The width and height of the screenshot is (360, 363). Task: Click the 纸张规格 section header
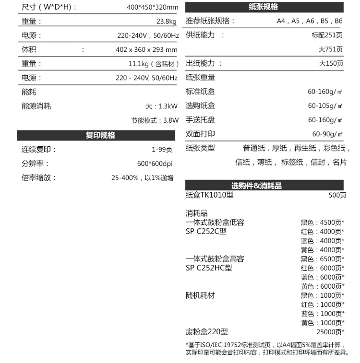click(264, 7)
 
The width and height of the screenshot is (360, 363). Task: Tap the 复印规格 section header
click(100, 136)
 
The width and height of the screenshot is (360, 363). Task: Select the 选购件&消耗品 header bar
click(264, 186)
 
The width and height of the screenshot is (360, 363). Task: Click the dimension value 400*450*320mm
click(152, 8)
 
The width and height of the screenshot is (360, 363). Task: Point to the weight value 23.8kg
click(167, 22)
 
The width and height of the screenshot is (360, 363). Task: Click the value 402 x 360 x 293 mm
click(146, 50)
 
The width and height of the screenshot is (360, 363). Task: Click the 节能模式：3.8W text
click(155, 120)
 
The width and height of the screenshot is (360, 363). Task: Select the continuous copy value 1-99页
click(162, 150)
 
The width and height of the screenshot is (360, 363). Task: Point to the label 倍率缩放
click(39, 178)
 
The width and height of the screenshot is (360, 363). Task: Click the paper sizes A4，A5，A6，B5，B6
click(310, 22)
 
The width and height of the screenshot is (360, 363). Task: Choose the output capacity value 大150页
click(331, 64)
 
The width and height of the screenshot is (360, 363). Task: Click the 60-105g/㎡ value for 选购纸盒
click(325, 106)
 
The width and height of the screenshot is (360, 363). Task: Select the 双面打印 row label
click(200, 134)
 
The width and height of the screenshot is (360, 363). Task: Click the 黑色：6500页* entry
click(322, 259)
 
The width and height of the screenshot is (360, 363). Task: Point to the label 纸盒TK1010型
click(210, 195)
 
